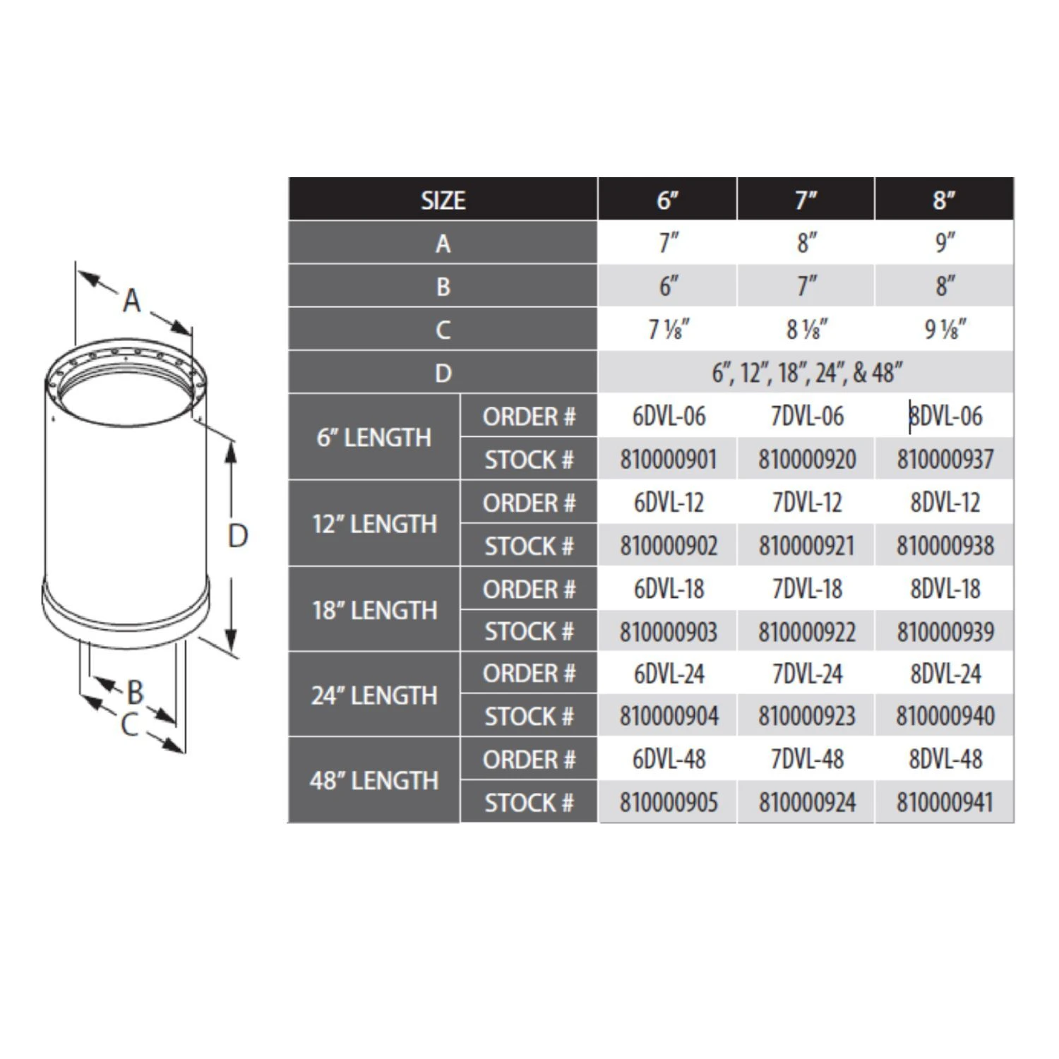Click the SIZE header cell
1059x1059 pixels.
point(443,200)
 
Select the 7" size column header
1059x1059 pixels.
point(806,200)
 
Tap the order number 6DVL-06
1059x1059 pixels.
point(668,417)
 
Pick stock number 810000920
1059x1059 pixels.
point(806,460)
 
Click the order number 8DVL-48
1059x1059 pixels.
point(945,760)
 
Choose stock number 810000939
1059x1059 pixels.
point(945,632)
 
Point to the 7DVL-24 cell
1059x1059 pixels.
point(806,674)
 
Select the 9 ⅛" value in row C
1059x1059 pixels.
point(945,330)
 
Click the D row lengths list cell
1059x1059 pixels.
point(806,373)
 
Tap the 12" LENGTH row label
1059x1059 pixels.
point(374,524)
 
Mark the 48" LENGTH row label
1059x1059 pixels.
point(374,781)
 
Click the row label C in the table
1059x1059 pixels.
point(443,330)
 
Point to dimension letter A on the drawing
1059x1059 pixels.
point(132,301)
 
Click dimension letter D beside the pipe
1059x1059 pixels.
point(238,537)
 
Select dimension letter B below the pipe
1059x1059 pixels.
point(135,692)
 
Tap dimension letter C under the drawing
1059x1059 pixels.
point(129,725)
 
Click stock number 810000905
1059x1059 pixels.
point(668,803)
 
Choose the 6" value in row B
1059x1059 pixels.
point(668,287)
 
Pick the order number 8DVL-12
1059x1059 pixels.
point(945,503)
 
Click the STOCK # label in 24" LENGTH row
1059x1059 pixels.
point(528,717)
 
